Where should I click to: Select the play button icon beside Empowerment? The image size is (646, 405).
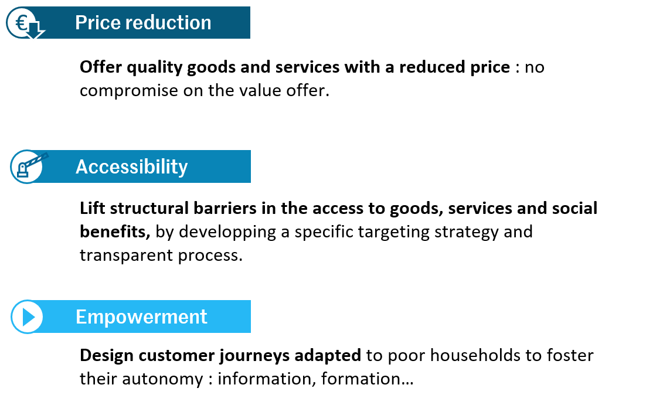click(x=27, y=317)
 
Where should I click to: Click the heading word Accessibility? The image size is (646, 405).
click(x=131, y=167)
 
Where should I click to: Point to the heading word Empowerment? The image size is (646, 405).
click(x=141, y=317)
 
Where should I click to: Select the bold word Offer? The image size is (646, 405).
click(x=100, y=67)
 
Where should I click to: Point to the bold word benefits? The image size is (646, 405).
click(x=115, y=232)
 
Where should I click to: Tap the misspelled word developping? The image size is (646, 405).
click(x=227, y=232)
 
